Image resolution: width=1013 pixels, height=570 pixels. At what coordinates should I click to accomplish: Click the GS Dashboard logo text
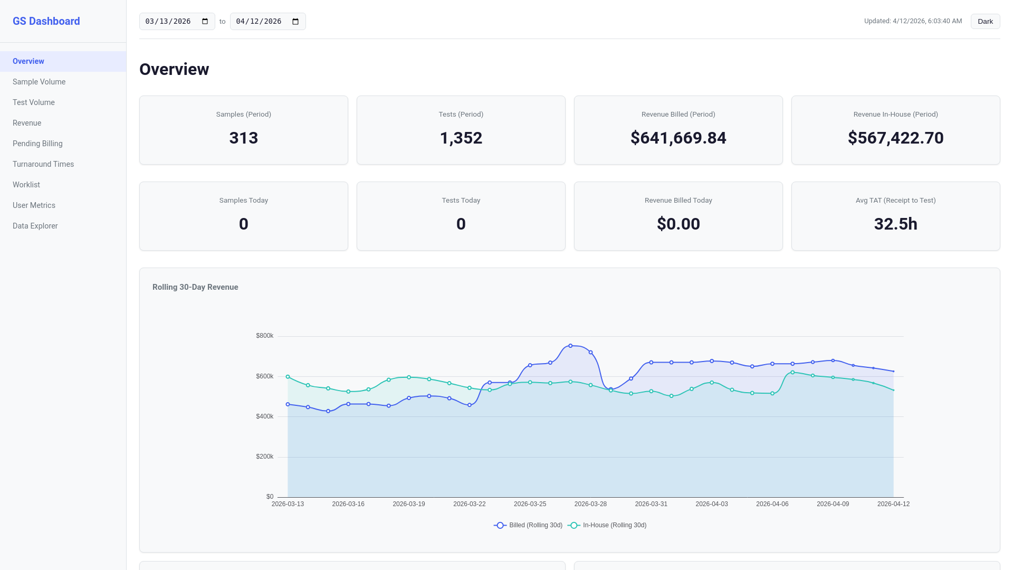tap(46, 21)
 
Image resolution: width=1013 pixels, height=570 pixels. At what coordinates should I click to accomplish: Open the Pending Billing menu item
tap(37, 144)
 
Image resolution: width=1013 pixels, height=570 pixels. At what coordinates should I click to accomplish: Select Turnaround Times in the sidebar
tap(43, 164)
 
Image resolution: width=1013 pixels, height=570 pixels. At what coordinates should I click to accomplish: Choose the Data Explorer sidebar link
tap(35, 226)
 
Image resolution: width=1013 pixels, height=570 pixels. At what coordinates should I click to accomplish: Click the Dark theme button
tap(985, 22)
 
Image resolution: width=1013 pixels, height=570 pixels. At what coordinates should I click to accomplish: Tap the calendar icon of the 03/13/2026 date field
tap(205, 22)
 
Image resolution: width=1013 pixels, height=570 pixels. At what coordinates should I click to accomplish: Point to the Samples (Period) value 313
tap(244, 138)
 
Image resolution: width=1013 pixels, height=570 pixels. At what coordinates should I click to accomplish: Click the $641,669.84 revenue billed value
tap(678, 138)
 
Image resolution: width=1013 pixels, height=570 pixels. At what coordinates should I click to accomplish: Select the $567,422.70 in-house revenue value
tap(895, 138)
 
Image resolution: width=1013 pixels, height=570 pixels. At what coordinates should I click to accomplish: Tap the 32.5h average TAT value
tap(895, 224)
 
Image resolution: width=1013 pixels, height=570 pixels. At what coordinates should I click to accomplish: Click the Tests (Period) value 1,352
tap(461, 138)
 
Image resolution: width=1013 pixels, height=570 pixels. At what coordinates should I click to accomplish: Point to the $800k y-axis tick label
tap(264, 336)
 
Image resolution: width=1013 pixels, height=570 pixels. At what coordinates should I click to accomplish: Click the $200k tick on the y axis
tap(264, 457)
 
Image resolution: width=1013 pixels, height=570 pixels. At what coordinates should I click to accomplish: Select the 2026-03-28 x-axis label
tap(590, 504)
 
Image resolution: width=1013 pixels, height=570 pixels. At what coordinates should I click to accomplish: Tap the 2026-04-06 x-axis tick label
tap(772, 504)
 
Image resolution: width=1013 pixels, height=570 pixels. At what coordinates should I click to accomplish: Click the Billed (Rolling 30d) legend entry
tap(528, 525)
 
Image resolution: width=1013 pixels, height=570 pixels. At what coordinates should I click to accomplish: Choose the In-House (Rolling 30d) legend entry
tap(607, 525)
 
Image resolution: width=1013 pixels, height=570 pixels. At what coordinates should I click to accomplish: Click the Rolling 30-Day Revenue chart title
tap(195, 287)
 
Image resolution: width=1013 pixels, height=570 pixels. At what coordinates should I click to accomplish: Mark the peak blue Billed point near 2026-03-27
tap(570, 346)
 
